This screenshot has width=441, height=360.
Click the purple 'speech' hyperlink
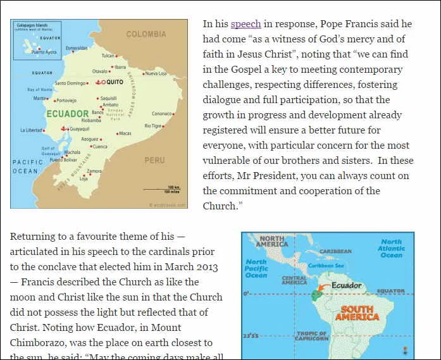245,24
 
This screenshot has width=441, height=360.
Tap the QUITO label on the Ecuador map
115,82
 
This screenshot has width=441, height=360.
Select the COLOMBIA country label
146,34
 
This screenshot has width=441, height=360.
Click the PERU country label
154,160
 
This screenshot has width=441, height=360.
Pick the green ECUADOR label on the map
68,114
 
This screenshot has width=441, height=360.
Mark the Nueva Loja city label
156,73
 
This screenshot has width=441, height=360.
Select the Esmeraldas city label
77,48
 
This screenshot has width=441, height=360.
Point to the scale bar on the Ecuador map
161,189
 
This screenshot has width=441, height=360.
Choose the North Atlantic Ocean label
391,248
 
